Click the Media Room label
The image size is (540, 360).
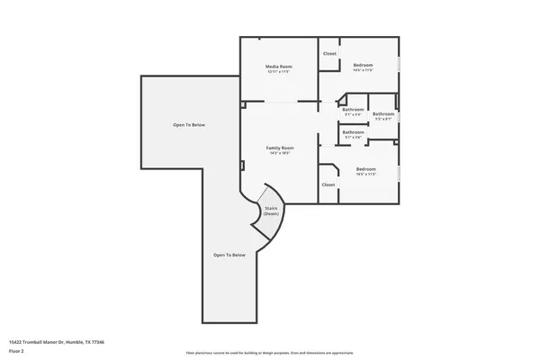coord(279,67)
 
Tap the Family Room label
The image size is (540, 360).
coord(280,148)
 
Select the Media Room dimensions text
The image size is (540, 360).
coord(279,72)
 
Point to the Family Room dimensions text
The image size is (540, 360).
coord(280,153)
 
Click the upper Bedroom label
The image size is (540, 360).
coord(364,66)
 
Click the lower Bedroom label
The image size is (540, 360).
coord(365,169)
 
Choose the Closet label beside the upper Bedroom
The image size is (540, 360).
coord(329,54)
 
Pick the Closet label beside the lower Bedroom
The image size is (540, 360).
coord(328,184)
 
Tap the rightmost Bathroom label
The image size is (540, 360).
coord(383,113)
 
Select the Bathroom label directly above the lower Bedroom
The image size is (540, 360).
coord(353,132)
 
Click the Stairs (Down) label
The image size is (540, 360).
coord(271,211)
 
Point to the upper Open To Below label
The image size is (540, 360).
coord(189,124)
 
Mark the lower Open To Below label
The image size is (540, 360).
coord(229,255)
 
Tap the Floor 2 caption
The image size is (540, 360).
coord(16,349)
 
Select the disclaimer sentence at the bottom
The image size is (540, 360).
coord(270,353)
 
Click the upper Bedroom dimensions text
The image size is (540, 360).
coord(364,71)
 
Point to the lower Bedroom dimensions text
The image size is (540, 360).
coord(365,175)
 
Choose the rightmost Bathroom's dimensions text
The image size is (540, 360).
coord(383,119)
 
